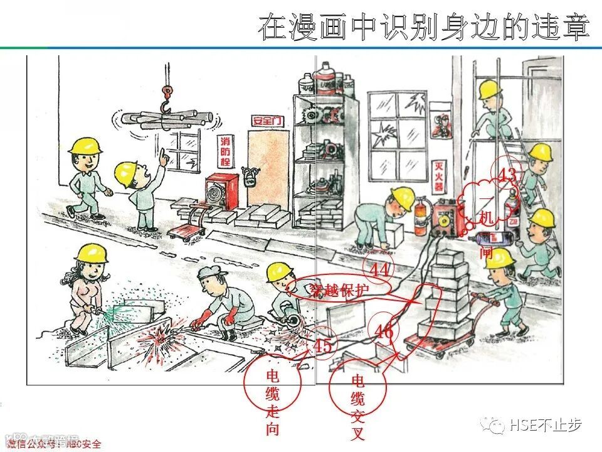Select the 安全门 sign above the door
pos(268,121)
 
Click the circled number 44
pos(379,269)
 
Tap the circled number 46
pos(384,331)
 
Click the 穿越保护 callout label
pos(339,289)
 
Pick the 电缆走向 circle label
pos(273,402)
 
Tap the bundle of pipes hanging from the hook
pos(164,119)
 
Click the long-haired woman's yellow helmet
pos(91,252)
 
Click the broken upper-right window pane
pos(412,104)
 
